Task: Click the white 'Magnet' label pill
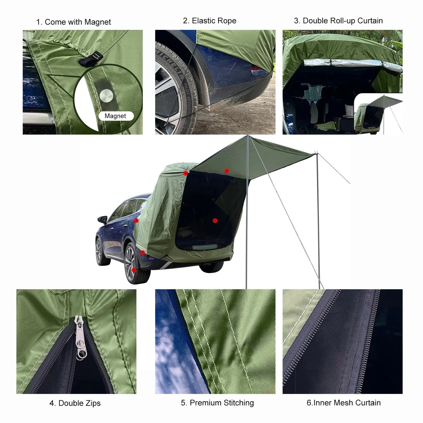116,116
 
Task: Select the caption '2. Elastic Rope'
210,21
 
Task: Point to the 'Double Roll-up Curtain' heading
338,21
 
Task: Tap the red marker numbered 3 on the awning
226,171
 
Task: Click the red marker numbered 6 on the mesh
215,220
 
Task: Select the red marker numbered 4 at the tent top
185,173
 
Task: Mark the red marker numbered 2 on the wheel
134,270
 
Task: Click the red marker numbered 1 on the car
136,220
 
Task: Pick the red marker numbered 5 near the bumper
143,252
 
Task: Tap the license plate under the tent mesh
205,247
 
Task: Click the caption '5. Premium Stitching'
217,403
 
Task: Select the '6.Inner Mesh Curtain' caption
343,403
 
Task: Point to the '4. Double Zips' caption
75,403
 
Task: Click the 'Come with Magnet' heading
73,22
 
